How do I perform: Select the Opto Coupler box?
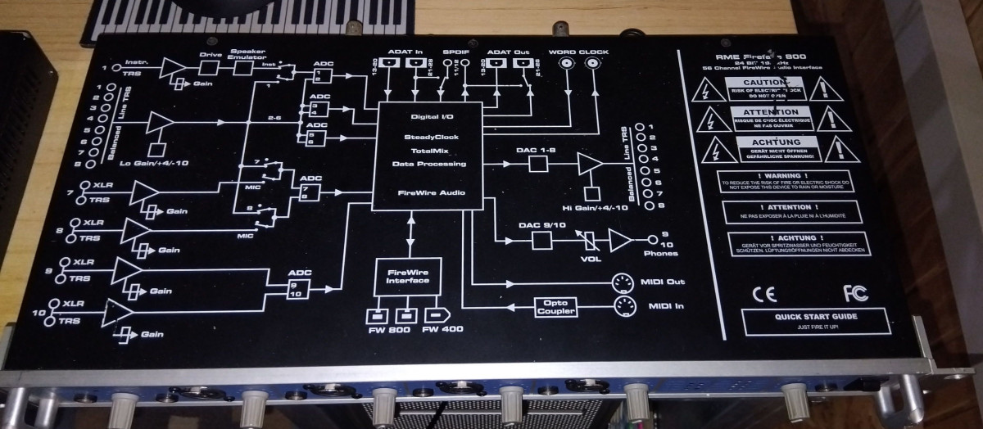(x=555, y=307)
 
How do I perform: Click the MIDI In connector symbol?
(x=624, y=308)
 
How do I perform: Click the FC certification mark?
(x=854, y=292)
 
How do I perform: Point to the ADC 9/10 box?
(x=299, y=285)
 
